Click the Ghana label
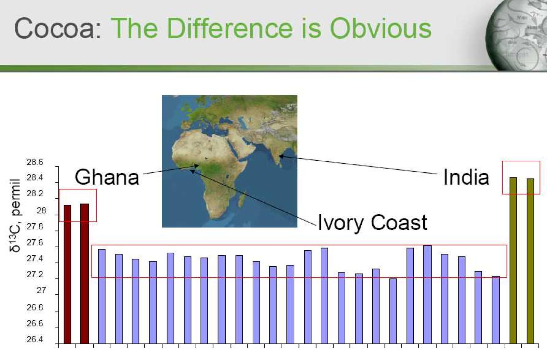pos(107,177)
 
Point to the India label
pos(466,177)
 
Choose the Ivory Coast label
pos(372,222)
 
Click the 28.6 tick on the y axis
pos(35,162)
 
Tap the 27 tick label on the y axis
pos(41,290)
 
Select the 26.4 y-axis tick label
pos(35,339)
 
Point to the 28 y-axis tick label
pos(41,211)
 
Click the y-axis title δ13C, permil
pos(15,215)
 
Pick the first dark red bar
pos(67,274)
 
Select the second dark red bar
pos(84,274)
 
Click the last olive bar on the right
pos(530,261)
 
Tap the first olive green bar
pos(513,261)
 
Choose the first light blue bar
pos(102,296)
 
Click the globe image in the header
pos(516,36)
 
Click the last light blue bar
pos(496,310)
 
